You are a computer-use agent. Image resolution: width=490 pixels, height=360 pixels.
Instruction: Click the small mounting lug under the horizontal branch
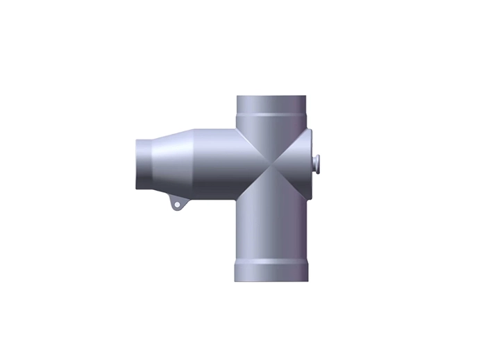coord(178,205)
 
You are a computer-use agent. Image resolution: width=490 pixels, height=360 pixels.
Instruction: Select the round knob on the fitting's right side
coord(317,163)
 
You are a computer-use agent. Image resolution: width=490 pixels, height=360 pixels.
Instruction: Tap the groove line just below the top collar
coord(271,114)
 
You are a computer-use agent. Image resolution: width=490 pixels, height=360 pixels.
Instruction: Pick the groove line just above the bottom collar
coord(271,262)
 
